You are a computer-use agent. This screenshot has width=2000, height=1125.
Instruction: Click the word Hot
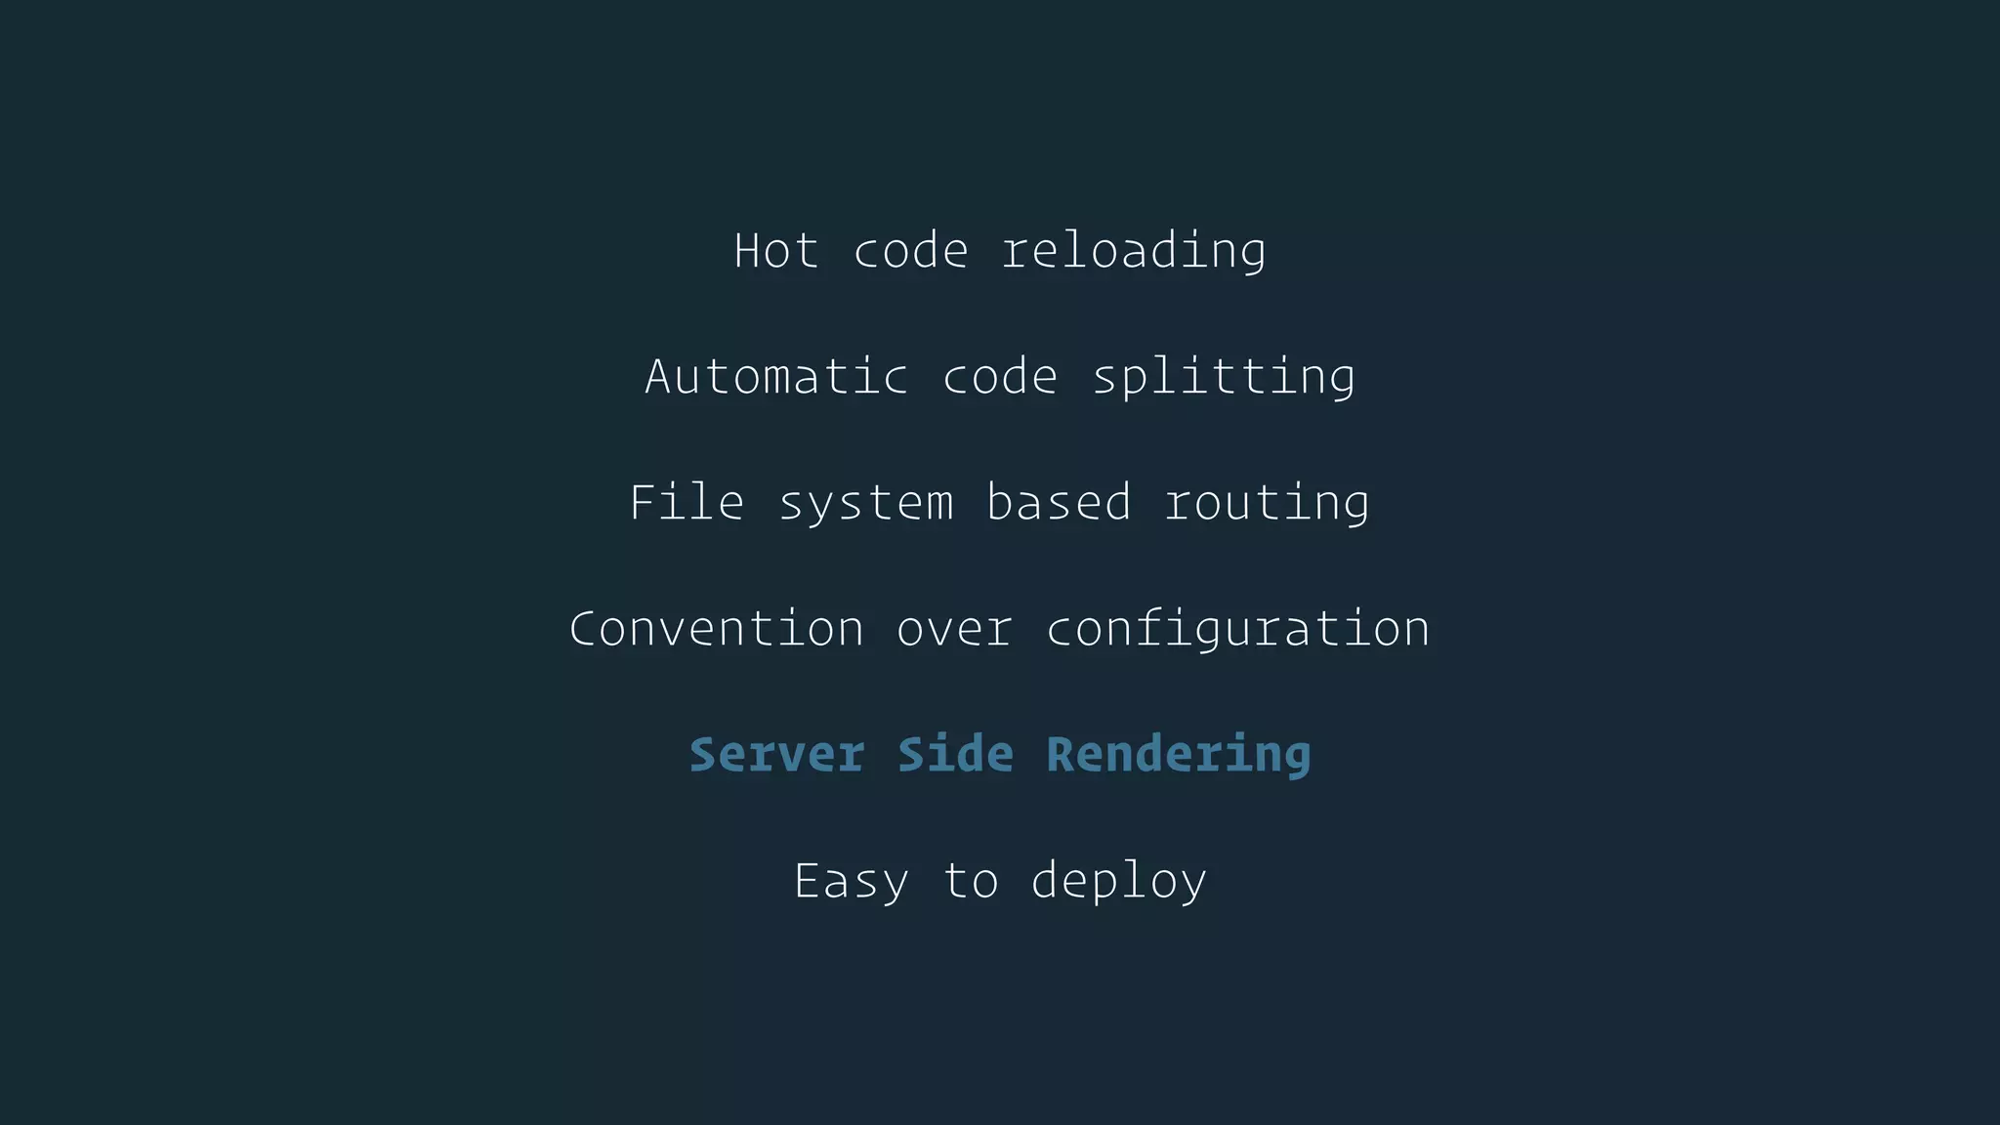point(775,251)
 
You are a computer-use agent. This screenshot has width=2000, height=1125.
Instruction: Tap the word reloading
point(1134,251)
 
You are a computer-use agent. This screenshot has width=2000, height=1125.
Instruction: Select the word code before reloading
point(911,251)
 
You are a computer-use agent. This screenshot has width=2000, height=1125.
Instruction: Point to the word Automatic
point(776,377)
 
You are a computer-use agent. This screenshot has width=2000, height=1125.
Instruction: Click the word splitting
point(1224,377)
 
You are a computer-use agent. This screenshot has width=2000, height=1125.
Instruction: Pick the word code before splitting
point(1000,377)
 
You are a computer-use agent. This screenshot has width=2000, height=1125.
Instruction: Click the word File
point(687,503)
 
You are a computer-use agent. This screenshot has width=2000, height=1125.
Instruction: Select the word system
point(865,503)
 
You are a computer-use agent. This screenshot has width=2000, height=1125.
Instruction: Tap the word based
point(1059,503)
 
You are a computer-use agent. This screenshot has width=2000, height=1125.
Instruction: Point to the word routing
point(1267,503)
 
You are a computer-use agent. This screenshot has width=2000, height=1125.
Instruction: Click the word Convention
point(717,629)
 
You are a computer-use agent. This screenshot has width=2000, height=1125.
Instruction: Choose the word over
point(954,629)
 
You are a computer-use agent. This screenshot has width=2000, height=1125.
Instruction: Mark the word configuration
point(1237,629)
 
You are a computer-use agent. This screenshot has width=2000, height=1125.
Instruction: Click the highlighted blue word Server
point(776,755)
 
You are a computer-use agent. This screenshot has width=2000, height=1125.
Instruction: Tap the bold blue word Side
point(955,755)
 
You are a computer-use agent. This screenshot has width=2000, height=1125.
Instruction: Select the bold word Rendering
point(1178,755)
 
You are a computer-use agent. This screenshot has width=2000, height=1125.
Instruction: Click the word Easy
point(851,881)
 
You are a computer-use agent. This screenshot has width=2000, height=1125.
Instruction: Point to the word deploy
point(1118,881)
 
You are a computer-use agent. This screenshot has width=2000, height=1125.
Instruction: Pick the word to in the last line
point(970,881)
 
